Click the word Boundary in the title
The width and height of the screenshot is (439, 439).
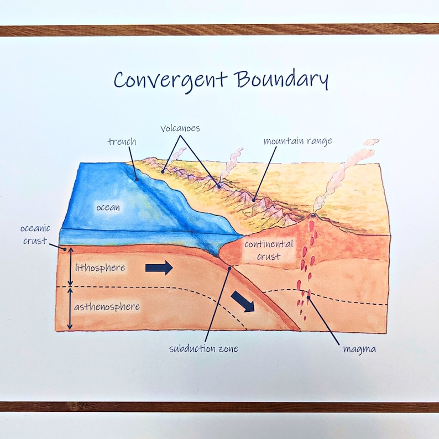[x=281, y=80]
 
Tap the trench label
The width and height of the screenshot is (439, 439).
[x=121, y=142]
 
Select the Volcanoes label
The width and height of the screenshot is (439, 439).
[x=180, y=128]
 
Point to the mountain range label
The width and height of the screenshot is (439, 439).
[x=297, y=141]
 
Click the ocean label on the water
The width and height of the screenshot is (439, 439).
[x=108, y=207]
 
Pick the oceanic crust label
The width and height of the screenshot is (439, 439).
[x=35, y=234]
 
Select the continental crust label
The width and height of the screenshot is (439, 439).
[x=269, y=250]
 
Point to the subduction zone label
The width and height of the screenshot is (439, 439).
[x=204, y=349]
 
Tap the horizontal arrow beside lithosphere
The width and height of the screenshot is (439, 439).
[x=159, y=268]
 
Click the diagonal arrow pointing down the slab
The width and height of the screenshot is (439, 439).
[x=243, y=302]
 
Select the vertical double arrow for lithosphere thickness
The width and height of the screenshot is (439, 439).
[x=70, y=267]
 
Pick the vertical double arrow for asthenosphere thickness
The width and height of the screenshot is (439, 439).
[x=70, y=308]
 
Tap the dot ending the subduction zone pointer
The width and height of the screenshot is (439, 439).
[x=229, y=269]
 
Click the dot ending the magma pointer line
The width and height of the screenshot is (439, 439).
[x=309, y=299]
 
